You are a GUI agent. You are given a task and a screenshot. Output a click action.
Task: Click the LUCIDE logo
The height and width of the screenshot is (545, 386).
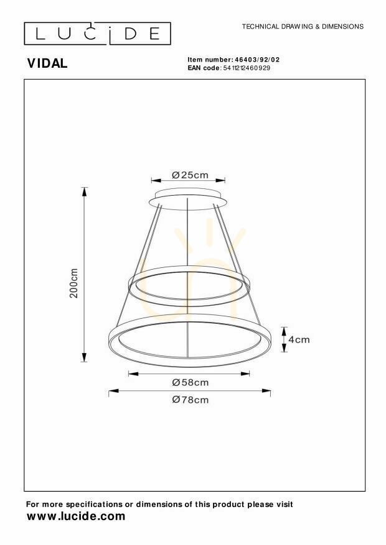pyautogui.click(x=98, y=34)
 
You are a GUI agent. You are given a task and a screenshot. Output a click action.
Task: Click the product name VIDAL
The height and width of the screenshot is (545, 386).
pyautogui.click(x=47, y=63)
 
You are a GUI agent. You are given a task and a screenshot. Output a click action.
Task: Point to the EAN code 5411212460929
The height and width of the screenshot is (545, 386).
pyautogui.click(x=247, y=68)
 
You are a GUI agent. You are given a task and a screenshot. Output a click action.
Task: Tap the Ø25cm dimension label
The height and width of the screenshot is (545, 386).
pyautogui.click(x=190, y=175)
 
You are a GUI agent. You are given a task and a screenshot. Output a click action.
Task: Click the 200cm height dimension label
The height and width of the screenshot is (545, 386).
pyautogui.click(x=74, y=283)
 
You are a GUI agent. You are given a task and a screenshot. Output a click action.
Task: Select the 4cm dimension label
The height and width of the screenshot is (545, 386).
pyautogui.click(x=299, y=339)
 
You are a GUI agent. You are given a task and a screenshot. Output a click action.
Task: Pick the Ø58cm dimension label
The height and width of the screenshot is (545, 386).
pyautogui.click(x=191, y=382)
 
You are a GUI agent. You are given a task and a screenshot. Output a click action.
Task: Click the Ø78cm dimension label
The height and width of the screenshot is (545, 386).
pyautogui.click(x=191, y=400)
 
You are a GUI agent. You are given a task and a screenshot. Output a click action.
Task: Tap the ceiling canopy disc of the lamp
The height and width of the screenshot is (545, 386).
pyautogui.click(x=188, y=199)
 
